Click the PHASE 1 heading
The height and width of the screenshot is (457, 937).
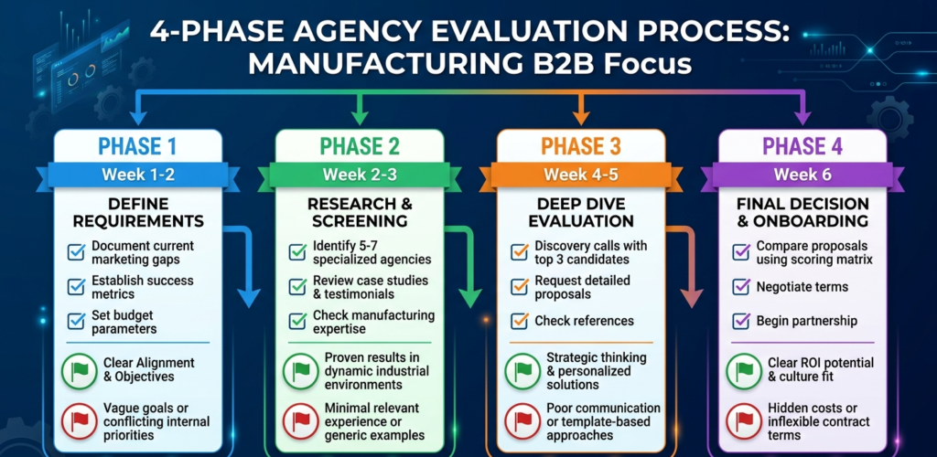[138, 146]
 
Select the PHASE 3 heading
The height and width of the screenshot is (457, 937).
[581, 146]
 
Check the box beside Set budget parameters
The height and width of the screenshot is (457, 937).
[78, 321]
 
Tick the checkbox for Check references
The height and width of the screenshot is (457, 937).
[519, 321]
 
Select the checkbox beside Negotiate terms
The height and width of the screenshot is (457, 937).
[740, 287]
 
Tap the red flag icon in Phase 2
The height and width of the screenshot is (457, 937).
[301, 422]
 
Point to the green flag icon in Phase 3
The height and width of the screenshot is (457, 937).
[522, 370]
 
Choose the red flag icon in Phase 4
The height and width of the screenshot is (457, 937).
[744, 422]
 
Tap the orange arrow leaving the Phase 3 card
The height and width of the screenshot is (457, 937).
[690, 274]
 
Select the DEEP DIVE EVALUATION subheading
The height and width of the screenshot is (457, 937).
[581, 213]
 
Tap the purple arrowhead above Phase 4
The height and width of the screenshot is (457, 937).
[802, 117]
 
